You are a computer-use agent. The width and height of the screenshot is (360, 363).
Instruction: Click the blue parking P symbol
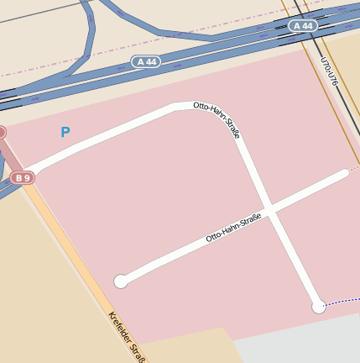tap(65, 132)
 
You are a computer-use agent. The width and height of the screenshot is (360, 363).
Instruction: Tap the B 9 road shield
tap(23, 178)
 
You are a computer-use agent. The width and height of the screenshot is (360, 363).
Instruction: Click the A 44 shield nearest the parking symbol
tap(146, 62)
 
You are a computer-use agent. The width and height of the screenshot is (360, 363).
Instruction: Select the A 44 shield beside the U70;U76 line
tap(304, 26)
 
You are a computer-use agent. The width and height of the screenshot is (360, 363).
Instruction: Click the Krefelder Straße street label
tap(123, 335)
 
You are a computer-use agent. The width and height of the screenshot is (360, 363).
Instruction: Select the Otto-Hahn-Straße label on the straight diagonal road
tap(234, 228)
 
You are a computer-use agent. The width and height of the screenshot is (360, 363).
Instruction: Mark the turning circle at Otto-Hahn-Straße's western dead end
tap(121, 281)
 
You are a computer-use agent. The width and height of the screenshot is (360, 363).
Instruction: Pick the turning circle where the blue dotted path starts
tap(319, 307)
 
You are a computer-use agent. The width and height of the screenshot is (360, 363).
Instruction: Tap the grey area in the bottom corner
tap(302, 348)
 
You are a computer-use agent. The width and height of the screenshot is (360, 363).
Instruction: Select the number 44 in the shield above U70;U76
tap(307, 26)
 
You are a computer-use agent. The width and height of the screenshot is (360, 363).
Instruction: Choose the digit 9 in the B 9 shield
tap(27, 178)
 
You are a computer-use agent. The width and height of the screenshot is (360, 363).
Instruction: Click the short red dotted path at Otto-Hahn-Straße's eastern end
tap(353, 168)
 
